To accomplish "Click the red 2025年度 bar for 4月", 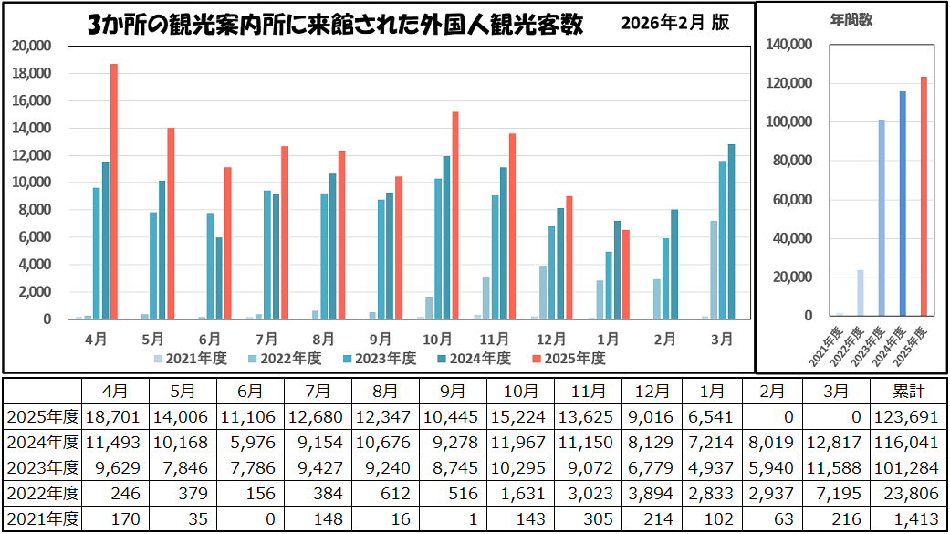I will tap(114, 192).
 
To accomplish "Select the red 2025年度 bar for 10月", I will tap(455, 215).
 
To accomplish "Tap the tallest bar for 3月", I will tap(731, 232).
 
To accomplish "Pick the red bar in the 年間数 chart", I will tap(923, 196).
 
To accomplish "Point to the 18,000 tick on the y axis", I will tap(35, 73).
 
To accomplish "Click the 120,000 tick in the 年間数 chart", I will tap(789, 83).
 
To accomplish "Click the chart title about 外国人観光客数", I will tap(335, 25).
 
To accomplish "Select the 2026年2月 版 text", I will tap(675, 24).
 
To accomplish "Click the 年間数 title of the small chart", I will tap(851, 19).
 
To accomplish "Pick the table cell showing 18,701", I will tap(114, 417).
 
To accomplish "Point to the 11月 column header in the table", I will tap(588, 392).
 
